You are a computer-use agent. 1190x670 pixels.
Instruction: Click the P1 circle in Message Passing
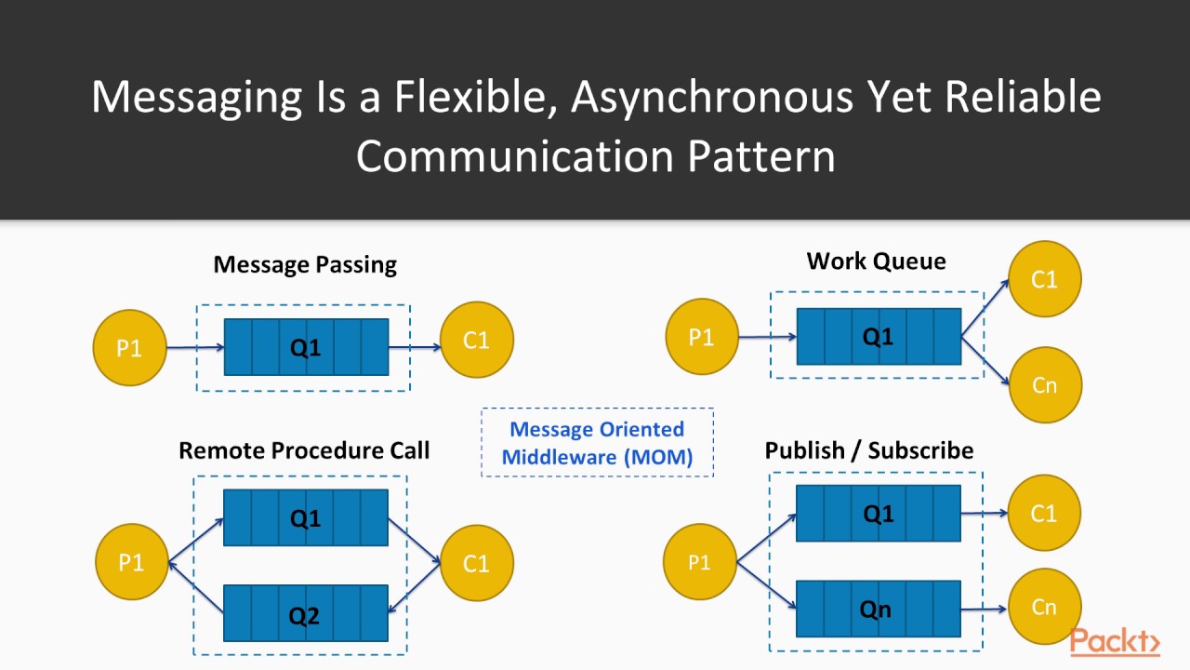point(130,348)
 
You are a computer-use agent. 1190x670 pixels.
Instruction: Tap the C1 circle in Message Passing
point(476,341)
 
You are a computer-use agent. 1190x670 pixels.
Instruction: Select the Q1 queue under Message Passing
point(306,347)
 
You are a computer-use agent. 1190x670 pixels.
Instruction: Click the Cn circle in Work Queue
point(1044,384)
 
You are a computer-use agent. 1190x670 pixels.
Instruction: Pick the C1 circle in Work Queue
point(1044,279)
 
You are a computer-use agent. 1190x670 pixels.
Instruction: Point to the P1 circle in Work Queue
point(702,336)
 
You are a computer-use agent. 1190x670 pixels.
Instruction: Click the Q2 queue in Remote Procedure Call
point(306,613)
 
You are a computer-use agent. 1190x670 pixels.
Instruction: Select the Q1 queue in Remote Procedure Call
point(306,517)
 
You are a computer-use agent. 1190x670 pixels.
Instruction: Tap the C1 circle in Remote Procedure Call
point(476,563)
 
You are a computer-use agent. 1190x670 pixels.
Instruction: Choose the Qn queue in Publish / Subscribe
point(879,609)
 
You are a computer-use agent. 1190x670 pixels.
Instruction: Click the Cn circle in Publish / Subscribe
point(1044,607)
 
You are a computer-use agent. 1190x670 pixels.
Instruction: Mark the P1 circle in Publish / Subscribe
point(699,562)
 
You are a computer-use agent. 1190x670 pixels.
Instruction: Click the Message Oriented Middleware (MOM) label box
point(597,443)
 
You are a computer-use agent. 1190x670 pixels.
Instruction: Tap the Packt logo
point(1115,642)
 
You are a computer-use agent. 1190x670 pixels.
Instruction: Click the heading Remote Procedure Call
point(304,450)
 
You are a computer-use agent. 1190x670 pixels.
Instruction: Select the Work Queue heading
point(876,261)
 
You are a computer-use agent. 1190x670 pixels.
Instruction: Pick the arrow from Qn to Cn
point(984,610)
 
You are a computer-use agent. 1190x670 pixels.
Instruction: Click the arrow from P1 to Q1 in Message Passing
point(195,348)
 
